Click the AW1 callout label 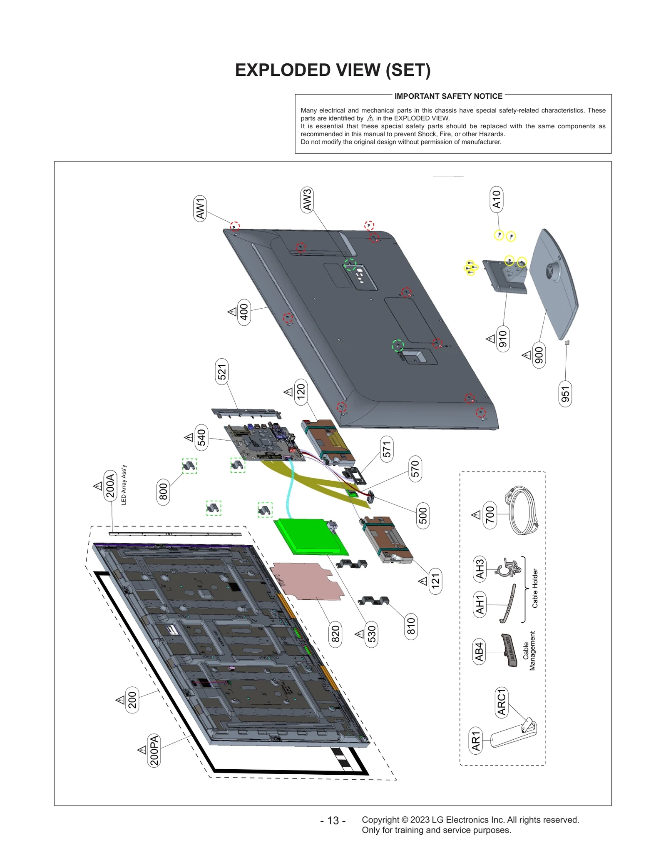coord(200,208)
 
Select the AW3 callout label coord(307,200)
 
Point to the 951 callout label coord(565,394)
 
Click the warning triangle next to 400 coord(232,312)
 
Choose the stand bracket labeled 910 coord(504,275)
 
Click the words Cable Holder coord(535,588)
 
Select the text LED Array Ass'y coord(124,485)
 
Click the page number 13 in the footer coord(333,821)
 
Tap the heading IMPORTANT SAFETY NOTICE coord(448,96)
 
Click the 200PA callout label coord(154,750)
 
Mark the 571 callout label coord(387,449)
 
